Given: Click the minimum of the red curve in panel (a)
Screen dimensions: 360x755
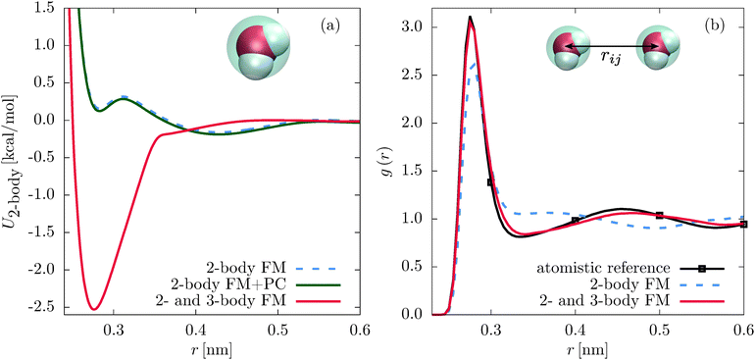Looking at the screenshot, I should click(x=94, y=309).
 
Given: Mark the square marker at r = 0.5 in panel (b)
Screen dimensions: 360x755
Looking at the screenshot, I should click(x=660, y=216).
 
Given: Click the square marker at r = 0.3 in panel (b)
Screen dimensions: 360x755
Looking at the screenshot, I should click(x=491, y=182).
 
